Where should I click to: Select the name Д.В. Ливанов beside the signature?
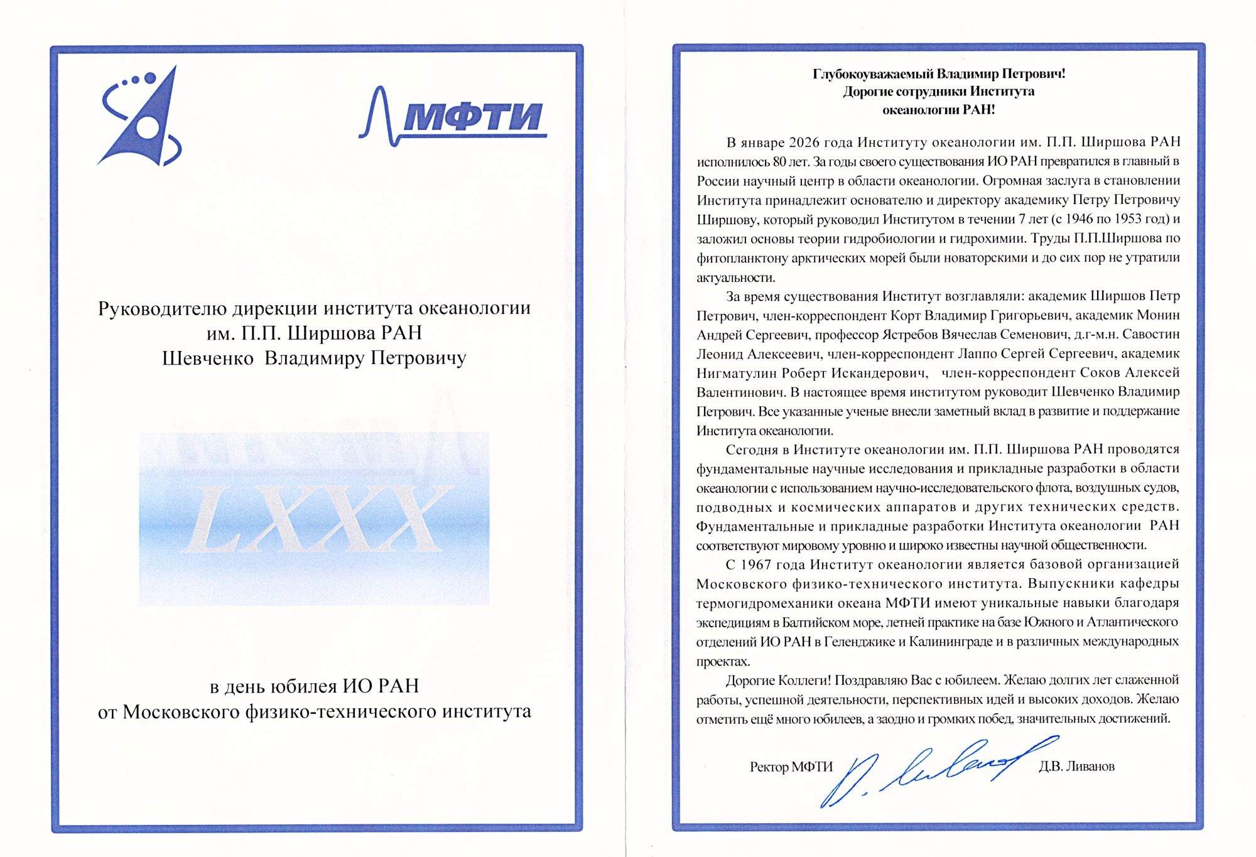1076,767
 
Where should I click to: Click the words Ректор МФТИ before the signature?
791,767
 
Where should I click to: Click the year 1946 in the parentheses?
1079,219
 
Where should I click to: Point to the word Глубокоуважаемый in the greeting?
873,74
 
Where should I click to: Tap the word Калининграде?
955,642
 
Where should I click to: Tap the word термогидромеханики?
757,603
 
